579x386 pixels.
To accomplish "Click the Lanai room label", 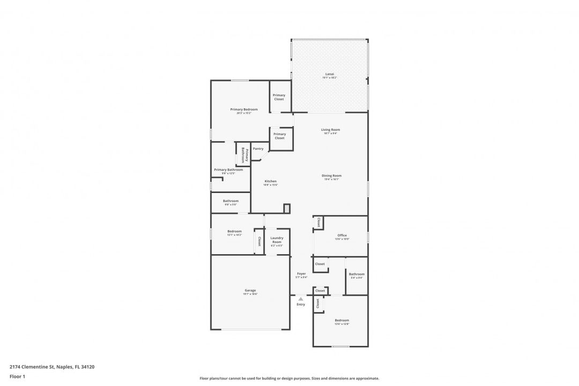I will click(329, 74).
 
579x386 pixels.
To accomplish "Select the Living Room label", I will click(330, 130).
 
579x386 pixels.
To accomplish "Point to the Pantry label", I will click(258, 149).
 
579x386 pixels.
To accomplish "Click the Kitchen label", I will click(271, 181).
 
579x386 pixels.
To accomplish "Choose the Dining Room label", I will click(331, 176).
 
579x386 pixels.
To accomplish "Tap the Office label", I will click(342, 235).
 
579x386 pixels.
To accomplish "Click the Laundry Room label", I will click(277, 240).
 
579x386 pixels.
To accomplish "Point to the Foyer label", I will click(301, 273).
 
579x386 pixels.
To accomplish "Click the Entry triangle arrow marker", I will click(301, 299).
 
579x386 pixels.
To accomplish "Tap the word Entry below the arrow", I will click(301, 305).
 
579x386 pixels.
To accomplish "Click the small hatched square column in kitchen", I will click(287, 207).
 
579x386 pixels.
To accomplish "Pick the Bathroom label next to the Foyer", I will click(357, 274).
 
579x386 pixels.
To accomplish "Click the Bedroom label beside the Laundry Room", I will click(234, 231).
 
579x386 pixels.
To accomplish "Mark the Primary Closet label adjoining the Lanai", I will click(279, 97).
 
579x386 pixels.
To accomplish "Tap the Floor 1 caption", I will click(17, 376).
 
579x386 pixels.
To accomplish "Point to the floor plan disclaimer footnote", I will click(289, 378).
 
